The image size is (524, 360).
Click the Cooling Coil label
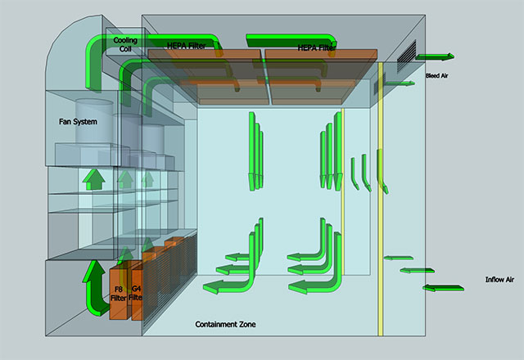[126, 44]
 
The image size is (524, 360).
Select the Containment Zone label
[225, 325]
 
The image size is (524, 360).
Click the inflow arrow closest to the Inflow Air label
[440, 286]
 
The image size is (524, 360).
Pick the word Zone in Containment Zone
[246, 325]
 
